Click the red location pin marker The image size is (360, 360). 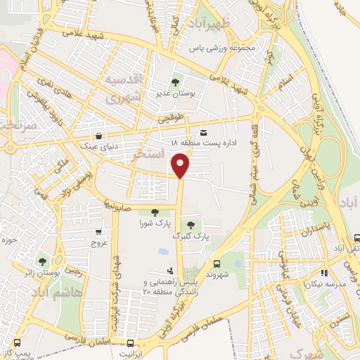(x=181, y=166)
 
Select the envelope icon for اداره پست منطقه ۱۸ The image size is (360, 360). (x=204, y=132)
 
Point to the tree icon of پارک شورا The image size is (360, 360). (x=154, y=212)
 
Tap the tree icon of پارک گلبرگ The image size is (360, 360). (x=191, y=224)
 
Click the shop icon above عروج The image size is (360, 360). (x=98, y=232)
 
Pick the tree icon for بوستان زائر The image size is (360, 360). (x=42, y=262)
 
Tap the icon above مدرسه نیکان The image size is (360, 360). (x=324, y=273)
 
